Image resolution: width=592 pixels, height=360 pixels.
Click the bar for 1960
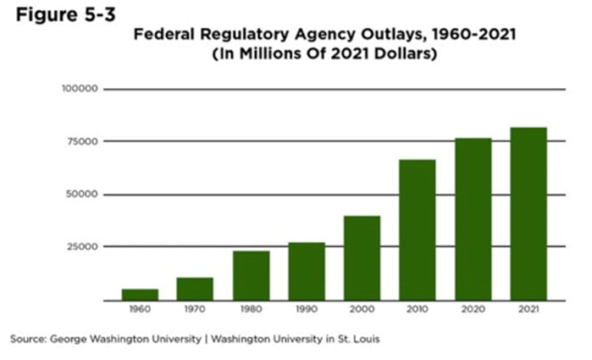click(x=140, y=294)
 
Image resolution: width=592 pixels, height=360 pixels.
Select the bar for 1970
click(x=195, y=289)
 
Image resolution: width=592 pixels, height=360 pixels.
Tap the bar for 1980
click(x=251, y=275)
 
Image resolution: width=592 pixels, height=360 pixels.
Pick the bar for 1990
click(x=307, y=271)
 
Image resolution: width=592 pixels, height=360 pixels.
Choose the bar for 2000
click(x=362, y=258)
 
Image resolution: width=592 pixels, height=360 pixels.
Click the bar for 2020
click(x=473, y=219)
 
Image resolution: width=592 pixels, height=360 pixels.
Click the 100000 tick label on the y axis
click(x=80, y=89)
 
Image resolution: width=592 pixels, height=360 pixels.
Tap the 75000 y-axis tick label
click(x=82, y=141)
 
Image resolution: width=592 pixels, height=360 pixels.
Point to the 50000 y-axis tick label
click(x=82, y=194)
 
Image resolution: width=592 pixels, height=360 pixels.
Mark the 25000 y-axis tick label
click(x=82, y=247)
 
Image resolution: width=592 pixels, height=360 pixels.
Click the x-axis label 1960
click(x=140, y=310)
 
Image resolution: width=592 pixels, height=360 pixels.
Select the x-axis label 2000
click(x=362, y=310)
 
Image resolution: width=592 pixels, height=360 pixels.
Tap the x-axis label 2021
click(x=528, y=310)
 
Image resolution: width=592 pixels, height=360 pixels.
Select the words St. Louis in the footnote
click(x=359, y=338)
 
